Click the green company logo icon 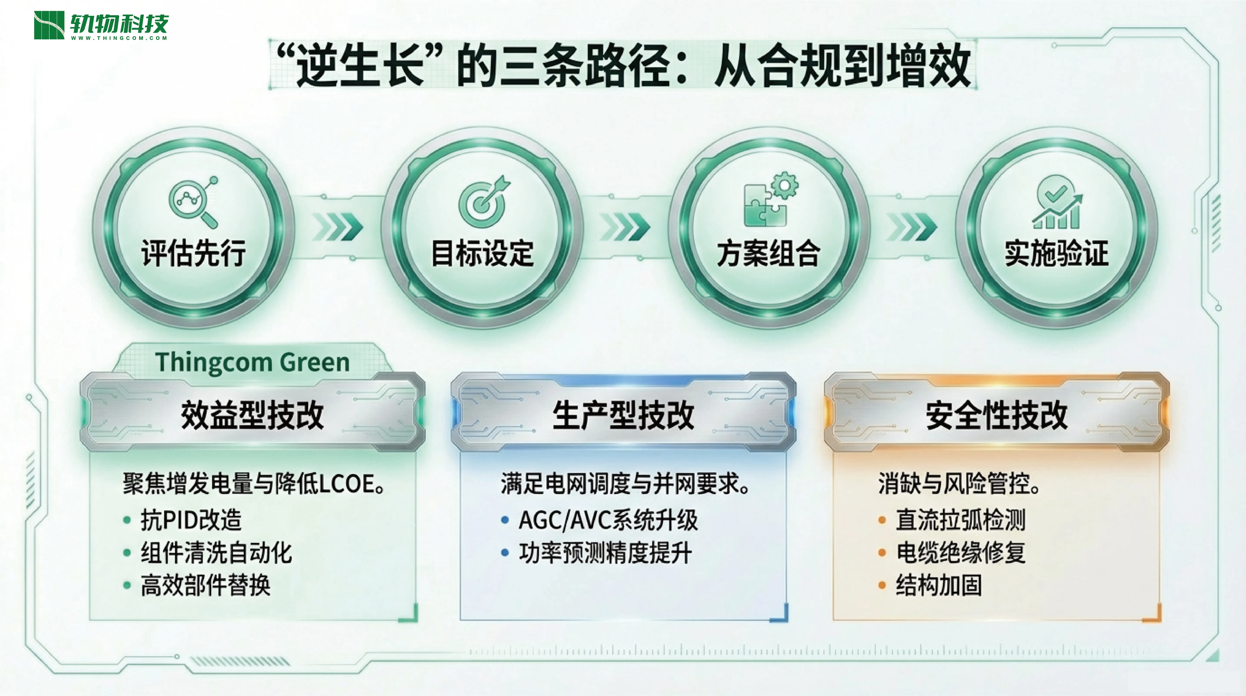49,25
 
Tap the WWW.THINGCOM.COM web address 119,38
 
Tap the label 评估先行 193,253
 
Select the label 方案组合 769,253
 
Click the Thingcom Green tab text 253,362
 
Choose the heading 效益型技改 253,415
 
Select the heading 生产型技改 623,415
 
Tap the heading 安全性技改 996,415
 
